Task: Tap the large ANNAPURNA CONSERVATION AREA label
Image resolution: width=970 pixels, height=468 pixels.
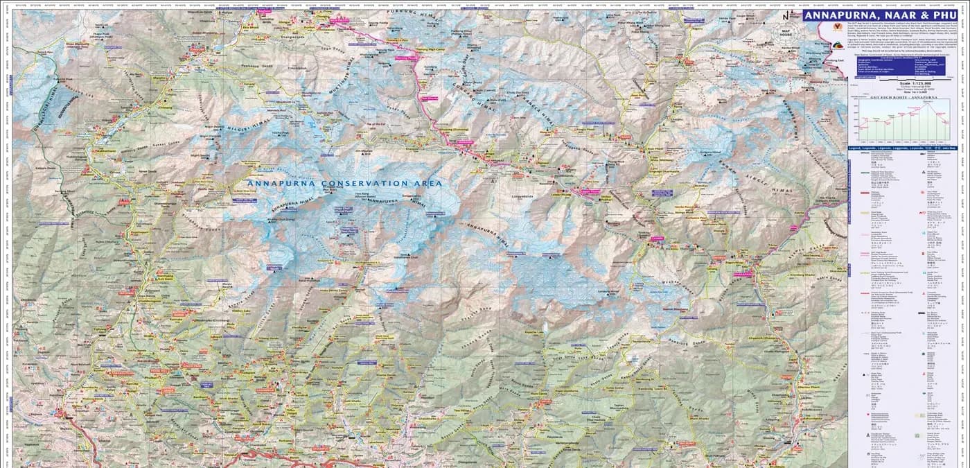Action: [x=344, y=183]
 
